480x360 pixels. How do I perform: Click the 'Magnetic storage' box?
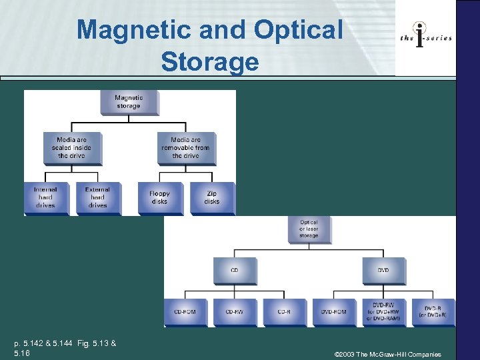pos(128,101)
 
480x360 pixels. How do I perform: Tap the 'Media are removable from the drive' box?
pos(185,147)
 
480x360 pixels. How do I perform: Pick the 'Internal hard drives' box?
pos(45,197)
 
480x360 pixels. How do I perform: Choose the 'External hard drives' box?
pos(97,197)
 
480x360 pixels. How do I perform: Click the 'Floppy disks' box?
pos(159,197)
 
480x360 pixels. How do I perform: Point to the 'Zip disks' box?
pos(212,197)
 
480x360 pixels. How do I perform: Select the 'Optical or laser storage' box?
pos(309,229)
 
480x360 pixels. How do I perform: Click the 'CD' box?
pos(234,270)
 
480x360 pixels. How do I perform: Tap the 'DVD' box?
pos(383,270)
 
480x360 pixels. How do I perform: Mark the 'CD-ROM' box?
pos(185,311)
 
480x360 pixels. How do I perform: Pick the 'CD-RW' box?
pos(234,311)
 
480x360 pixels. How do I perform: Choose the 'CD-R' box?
pos(283,311)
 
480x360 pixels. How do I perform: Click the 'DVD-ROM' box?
pos(333,311)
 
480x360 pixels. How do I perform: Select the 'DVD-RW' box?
pos(383,311)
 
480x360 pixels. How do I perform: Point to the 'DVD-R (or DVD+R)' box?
pos(433,311)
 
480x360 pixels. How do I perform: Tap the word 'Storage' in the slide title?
pos(209,62)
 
